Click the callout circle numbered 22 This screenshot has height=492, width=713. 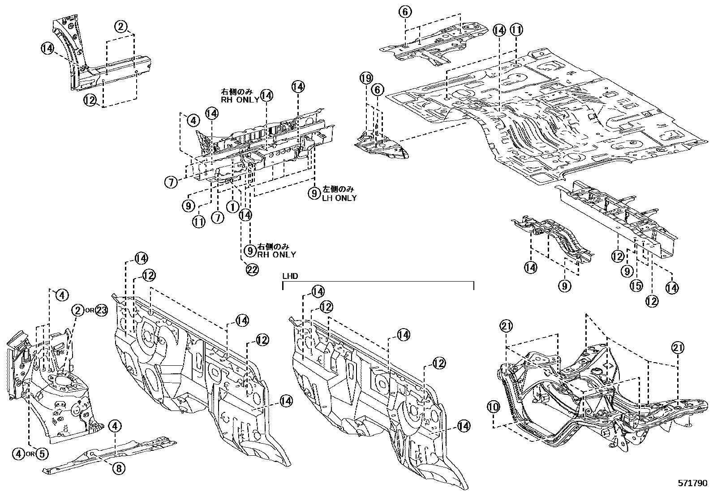(252, 269)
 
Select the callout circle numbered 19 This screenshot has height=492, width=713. (366, 79)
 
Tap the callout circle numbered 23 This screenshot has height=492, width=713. (102, 310)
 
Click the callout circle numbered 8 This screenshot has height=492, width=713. (119, 469)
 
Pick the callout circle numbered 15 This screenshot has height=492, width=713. (636, 286)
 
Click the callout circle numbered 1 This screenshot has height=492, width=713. (232, 206)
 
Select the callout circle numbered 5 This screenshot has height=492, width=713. (41, 453)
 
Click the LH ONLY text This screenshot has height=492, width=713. (339, 198)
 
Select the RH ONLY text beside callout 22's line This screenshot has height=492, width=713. (277, 254)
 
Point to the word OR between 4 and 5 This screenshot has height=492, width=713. (30, 454)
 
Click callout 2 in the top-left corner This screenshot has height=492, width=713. (121, 26)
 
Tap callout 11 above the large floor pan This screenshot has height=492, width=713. (516, 30)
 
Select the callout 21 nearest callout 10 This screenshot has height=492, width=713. (507, 327)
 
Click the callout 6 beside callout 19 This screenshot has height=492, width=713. (378, 90)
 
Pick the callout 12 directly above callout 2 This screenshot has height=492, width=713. (90, 100)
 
